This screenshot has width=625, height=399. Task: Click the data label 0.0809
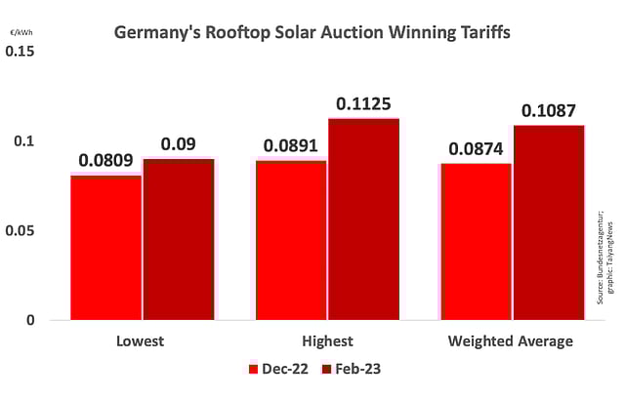106,159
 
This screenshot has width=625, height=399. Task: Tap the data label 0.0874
476,150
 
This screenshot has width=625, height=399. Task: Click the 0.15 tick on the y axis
23,51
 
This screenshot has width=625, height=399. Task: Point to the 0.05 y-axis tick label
23,230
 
